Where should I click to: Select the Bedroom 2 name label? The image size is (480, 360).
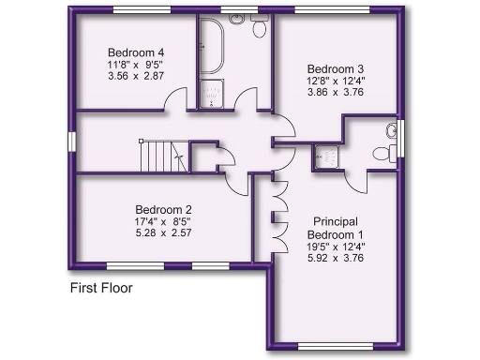pyautogui.click(x=163, y=209)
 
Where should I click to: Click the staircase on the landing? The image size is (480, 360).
pyautogui.click(x=161, y=155)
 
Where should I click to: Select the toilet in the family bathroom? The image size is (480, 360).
pyautogui.click(x=259, y=29)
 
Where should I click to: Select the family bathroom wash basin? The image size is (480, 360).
pyautogui.click(x=237, y=19)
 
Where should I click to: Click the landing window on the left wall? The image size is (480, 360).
pyautogui.click(x=71, y=142)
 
